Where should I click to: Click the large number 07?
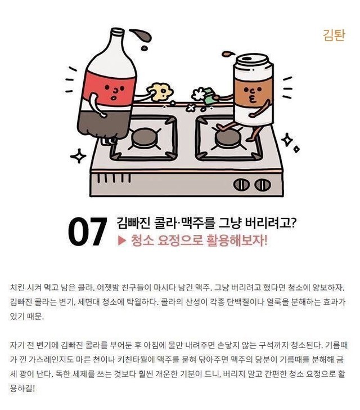point(87,231)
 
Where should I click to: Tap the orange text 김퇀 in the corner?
point(334,35)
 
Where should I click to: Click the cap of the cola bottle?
point(117,33)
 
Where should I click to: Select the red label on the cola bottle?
point(110,88)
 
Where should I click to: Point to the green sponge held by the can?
point(210,96)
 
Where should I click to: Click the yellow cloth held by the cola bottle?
point(160,91)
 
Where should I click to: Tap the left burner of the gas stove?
point(144,138)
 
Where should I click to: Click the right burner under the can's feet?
point(228,138)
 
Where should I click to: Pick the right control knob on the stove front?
point(262,185)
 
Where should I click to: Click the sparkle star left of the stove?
point(78,156)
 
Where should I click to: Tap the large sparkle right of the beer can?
point(287,140)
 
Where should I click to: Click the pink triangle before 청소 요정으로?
point(121,240)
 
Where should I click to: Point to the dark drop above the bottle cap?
point(141,35)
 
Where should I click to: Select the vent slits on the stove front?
point(114,178)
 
